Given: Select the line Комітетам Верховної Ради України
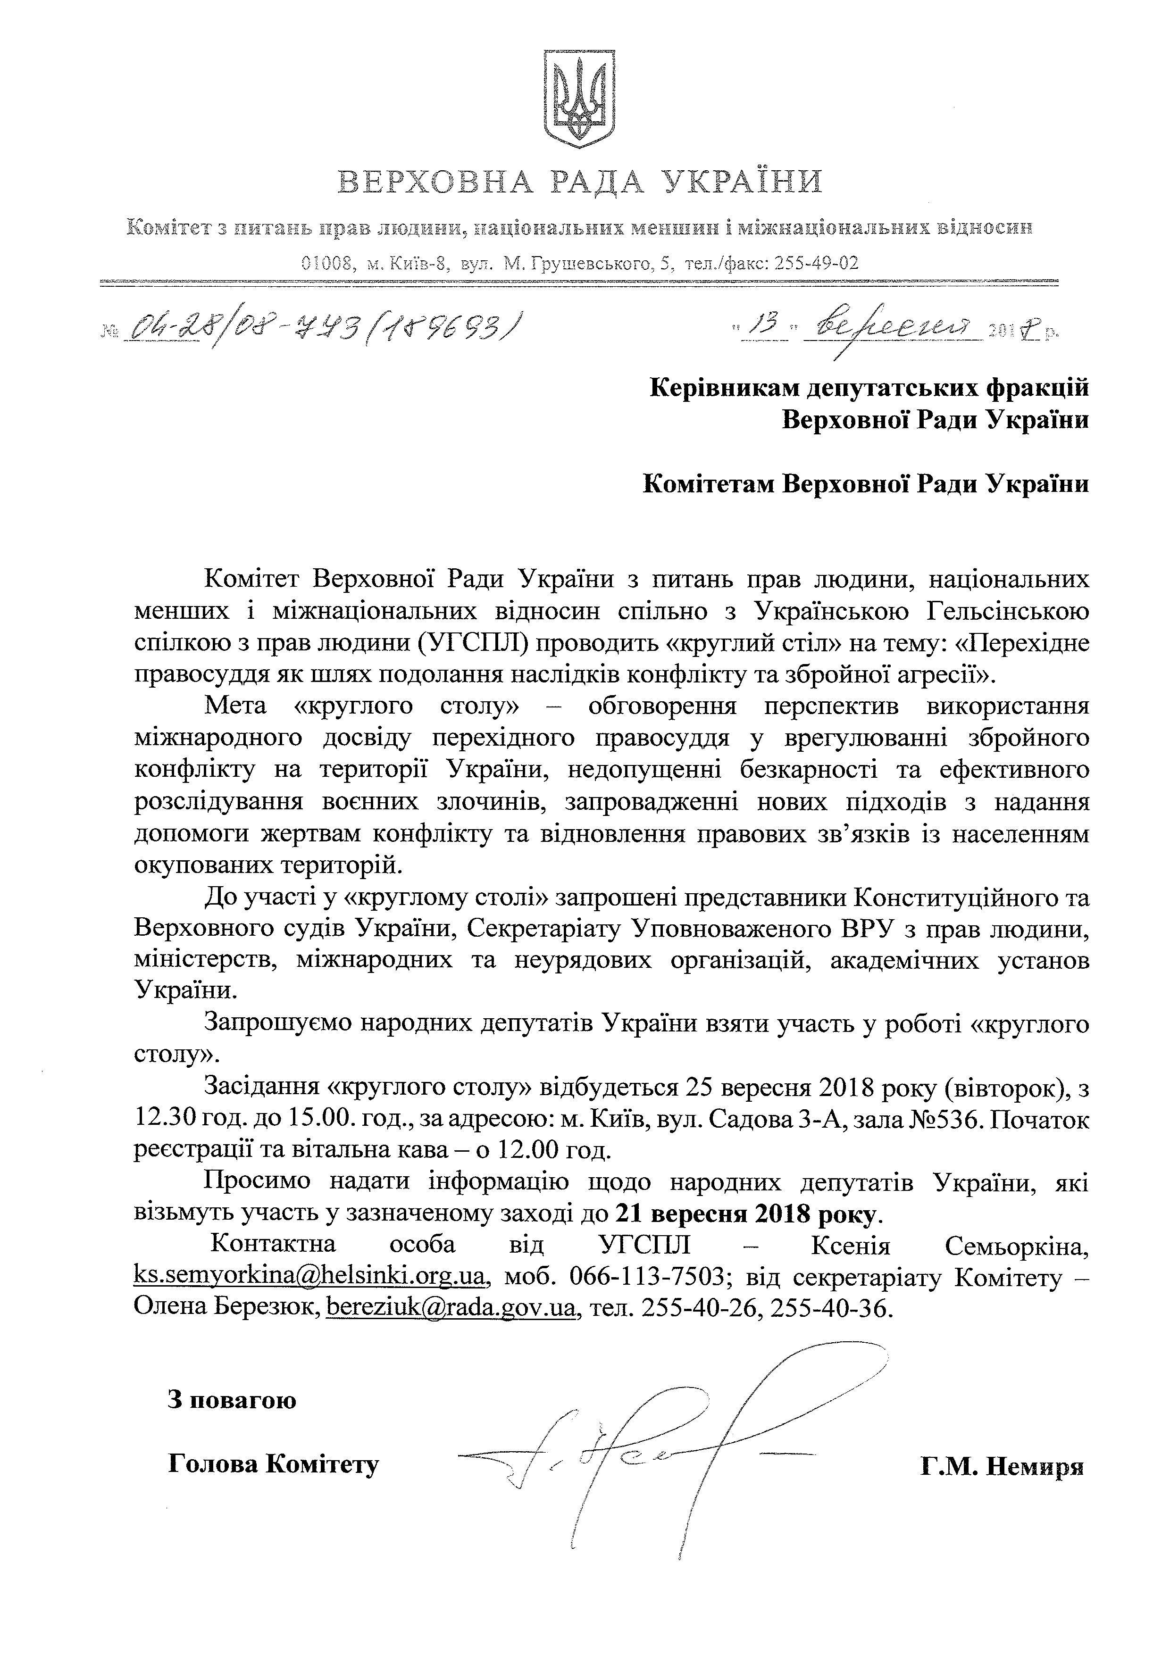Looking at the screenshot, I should tap(865, 483).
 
